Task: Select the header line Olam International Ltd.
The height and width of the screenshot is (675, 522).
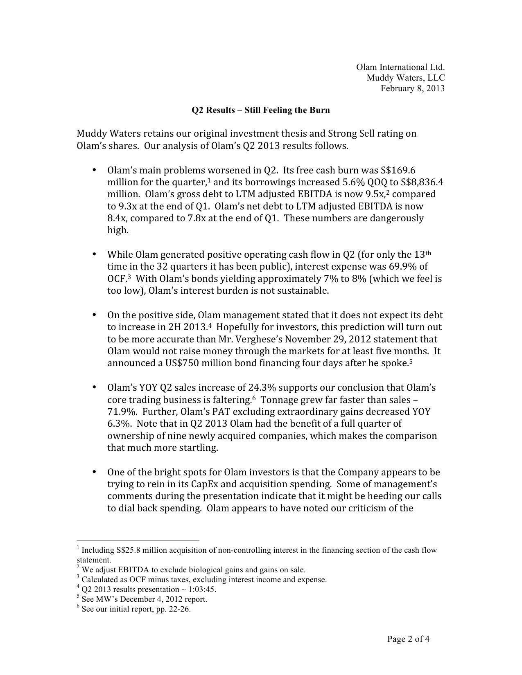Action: [x=400, y=67]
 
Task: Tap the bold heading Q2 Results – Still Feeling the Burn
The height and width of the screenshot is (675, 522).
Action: [x=261, y=110]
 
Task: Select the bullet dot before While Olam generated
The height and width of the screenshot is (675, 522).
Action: [x=94, y=254]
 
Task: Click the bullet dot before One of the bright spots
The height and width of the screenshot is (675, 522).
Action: [x=94, y=472]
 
